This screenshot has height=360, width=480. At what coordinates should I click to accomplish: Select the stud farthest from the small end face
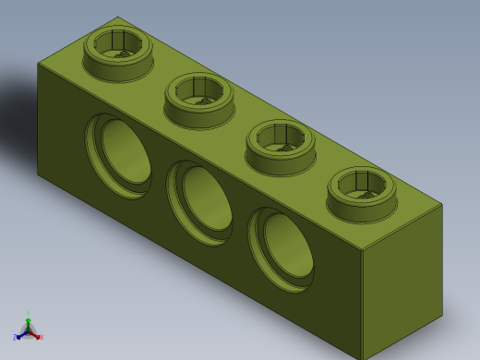point(118,54)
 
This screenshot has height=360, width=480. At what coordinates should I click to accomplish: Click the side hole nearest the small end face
point(282,249)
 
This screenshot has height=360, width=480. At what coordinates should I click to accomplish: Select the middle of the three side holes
point(200,202)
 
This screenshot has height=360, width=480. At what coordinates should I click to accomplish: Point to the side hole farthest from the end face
point(119,155)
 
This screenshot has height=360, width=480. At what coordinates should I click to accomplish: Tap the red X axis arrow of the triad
point(36,335)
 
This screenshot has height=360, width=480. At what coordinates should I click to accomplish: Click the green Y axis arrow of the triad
point(28,322)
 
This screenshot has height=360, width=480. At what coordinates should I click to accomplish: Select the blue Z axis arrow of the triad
point(20,335)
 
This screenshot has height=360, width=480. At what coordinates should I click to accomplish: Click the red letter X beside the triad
point(42,338)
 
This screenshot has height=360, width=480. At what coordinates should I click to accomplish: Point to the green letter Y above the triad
point(28,314)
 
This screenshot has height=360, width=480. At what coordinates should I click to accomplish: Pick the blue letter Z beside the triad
point(15,338)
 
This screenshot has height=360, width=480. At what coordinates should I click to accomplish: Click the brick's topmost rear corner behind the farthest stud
point(118,17)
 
